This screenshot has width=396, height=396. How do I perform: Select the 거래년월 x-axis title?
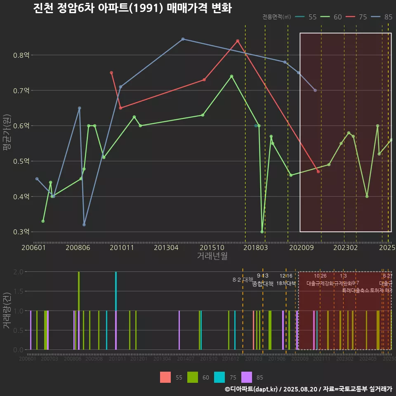click(x=212, y=256)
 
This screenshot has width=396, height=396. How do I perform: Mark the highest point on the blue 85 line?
click(x=183, y=39)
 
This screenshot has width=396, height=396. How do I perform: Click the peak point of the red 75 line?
click(x=238, y=41)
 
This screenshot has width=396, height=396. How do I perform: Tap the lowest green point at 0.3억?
click(x=262, y=232)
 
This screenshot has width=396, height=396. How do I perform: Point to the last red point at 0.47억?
click(x=318, y=171)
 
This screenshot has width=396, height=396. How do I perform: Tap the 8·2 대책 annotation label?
click(x=243, y=280)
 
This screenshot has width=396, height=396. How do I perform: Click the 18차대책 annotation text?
click(x=286, y=283)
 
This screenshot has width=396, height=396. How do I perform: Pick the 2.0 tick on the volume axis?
click(x=18, y=272)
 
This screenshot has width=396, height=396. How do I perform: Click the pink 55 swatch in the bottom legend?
click(x=165, y=377)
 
